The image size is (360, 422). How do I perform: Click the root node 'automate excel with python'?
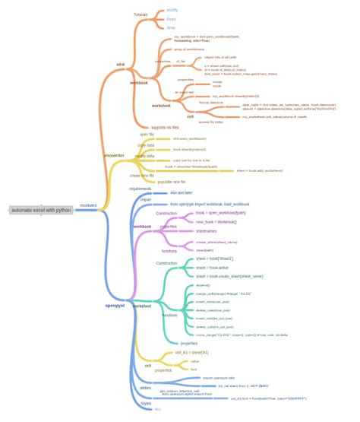point(41,209)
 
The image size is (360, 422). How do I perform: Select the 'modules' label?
point(88,206)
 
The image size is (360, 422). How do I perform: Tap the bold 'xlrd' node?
point(120,65)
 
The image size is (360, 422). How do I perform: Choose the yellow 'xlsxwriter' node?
point(114,155)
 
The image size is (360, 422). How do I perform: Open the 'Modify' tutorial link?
point(172,10)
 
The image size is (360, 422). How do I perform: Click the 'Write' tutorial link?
point(171,27)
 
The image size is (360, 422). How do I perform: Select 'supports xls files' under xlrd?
point(164,127)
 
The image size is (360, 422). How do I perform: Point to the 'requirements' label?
point(141,189)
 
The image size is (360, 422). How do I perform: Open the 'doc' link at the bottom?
point(158,409)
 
